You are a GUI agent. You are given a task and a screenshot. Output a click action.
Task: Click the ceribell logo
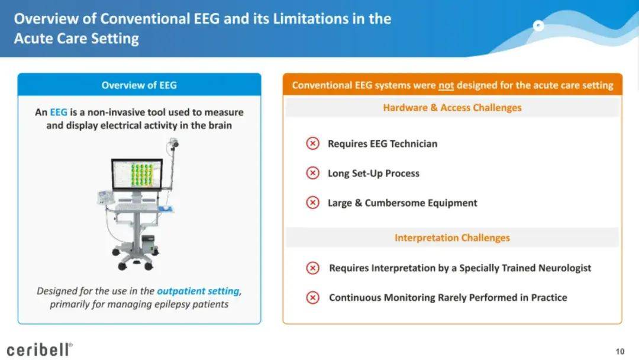click(40, 350)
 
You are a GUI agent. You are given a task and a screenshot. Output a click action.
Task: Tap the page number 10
click(620, 352)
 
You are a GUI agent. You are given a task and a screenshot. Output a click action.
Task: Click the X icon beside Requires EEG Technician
click(312, 143)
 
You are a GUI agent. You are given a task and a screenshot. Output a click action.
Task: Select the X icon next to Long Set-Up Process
click(312, 173)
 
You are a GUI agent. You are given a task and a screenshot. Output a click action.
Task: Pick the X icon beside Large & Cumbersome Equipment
click(312, 202)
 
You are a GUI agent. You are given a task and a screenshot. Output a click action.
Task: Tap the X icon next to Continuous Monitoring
click(312, 298)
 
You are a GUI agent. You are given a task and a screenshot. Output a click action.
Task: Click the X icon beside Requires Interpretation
click(312, 268)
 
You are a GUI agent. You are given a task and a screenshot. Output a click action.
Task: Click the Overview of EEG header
click(139, 85)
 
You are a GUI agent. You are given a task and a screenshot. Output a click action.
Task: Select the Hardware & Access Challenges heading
click(453, 108)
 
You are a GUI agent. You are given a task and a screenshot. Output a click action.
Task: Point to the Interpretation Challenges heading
click(453, 237)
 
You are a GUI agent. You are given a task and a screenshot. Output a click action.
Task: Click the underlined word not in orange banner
click(446, 86)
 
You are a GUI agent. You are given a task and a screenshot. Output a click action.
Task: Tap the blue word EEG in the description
click(58, 112)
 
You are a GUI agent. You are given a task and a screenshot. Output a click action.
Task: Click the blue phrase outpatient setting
click(198, 291)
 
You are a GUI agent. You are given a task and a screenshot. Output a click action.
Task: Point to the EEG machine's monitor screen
click(137, 174)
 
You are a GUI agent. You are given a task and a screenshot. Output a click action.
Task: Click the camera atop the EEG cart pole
click(173, 143)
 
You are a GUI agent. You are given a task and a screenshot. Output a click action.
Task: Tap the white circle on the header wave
click(538, 25)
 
